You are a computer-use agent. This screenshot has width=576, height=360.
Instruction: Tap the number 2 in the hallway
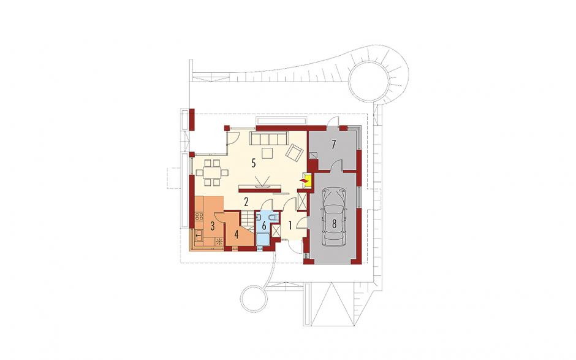(246, 201)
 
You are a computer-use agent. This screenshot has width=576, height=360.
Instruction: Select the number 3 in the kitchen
(213, 226)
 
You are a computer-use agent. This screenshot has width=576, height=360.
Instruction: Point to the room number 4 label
(236, 234)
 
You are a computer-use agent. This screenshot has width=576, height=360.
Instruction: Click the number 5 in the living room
(254, 163)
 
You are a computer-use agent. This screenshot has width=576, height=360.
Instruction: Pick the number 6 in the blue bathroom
(263, 225)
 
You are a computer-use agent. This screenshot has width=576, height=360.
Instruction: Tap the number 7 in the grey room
(333, 144)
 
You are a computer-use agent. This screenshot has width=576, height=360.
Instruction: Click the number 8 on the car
(335, 224)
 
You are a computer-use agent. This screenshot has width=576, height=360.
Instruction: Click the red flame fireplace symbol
(304, 180)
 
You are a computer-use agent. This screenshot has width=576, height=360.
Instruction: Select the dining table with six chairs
(211, 172)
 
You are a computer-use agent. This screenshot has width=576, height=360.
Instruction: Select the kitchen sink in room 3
(199, 234)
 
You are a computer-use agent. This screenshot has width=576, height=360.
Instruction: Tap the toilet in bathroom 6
(272, 218)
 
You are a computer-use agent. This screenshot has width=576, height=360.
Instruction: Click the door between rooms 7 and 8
(336, 166)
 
